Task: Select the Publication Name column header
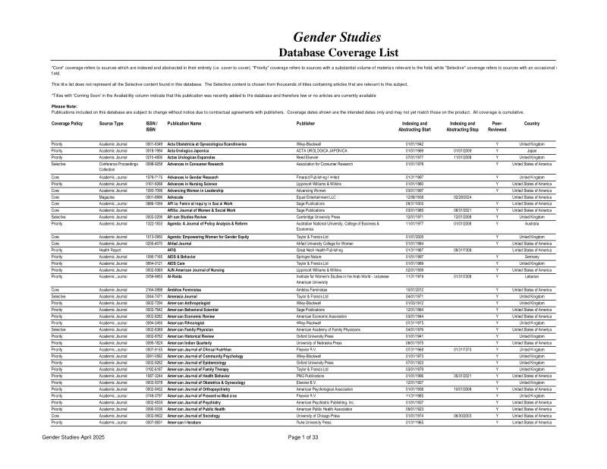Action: coord(184,122)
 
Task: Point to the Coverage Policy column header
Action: coord(67,122)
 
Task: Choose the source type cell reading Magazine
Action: coord(109,197)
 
